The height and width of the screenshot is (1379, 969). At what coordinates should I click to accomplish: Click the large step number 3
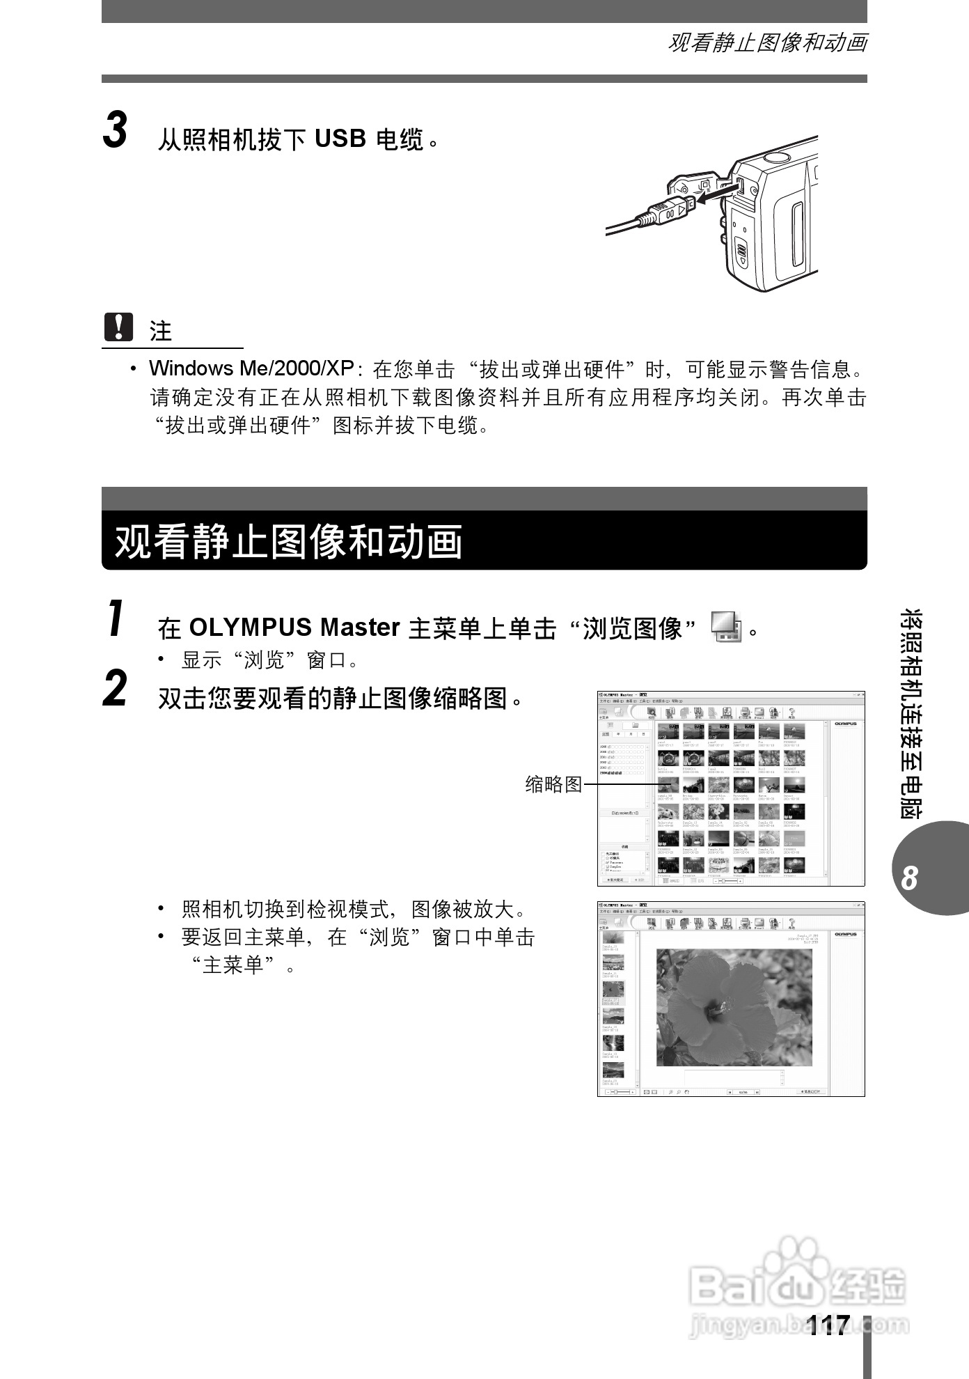tap(116, 131)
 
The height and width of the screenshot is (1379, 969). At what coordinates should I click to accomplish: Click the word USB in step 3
tap(340, 139)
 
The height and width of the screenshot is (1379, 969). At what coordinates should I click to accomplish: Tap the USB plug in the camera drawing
tap(669, 210)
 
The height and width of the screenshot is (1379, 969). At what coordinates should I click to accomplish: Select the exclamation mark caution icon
tap(118, 327)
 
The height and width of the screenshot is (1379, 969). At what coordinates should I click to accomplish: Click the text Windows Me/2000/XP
tap(251, 368)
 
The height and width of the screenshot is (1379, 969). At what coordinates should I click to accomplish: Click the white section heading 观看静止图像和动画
tap(288, 542)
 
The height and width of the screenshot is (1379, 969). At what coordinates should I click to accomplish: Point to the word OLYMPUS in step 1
tap(250, 628)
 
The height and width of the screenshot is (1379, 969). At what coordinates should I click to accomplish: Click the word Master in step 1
tap(359, 628)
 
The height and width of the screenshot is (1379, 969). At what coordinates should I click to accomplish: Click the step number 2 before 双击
tap(116, 689)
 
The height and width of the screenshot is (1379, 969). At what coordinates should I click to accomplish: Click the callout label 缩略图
tap(553, 784)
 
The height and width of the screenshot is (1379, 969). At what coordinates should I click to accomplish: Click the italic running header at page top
tap(767, 43)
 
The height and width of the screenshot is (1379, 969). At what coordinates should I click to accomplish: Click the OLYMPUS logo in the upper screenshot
tap(845, 724)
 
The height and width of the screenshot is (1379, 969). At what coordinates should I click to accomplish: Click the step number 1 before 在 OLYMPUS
tap(116, 618)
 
